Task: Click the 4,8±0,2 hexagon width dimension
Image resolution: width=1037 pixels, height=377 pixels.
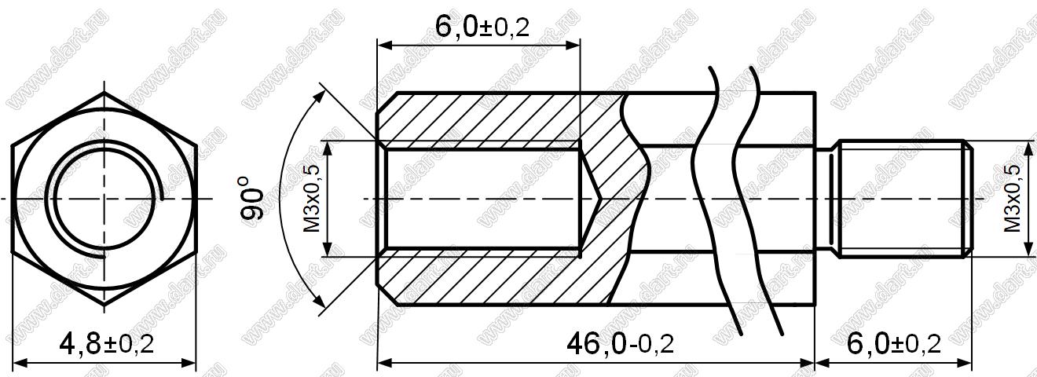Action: [x=107, y=345]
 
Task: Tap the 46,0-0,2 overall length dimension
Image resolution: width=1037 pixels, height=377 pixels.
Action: [x=620, y=345]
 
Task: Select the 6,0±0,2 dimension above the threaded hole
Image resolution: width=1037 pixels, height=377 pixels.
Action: [x=482, y=27]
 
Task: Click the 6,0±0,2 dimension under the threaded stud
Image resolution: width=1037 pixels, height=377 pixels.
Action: [x=893, y=345]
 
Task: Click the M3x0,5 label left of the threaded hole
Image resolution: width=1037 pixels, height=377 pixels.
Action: [x=312, y=199]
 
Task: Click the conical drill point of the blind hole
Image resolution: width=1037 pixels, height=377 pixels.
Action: [x=590, y=199]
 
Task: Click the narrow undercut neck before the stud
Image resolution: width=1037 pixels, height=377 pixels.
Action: [x=826, y=199]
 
